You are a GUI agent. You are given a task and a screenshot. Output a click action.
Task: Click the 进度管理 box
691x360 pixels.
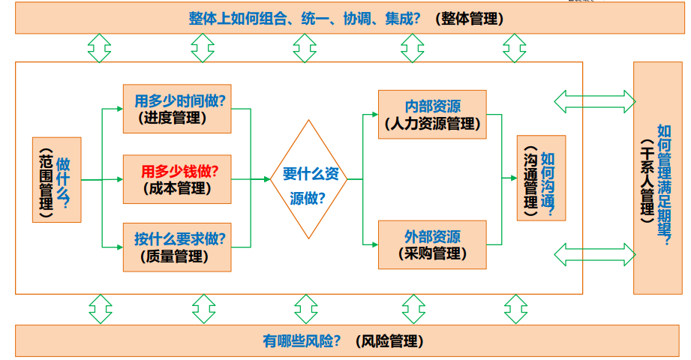point(177,109)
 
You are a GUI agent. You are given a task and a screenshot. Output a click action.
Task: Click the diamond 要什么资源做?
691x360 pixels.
point(309,179)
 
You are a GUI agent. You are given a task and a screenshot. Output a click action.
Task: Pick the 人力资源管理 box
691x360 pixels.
point(432,114)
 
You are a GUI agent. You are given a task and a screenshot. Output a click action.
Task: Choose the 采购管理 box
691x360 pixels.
point(432,244)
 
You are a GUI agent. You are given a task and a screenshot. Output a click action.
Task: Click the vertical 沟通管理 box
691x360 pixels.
point(541,178)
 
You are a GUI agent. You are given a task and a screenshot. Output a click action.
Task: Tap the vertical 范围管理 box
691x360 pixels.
point(56,179)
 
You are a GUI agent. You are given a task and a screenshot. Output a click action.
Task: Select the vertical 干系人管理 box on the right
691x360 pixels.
point(657,178)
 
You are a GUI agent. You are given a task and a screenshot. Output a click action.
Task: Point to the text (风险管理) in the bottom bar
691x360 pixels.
point(389,341)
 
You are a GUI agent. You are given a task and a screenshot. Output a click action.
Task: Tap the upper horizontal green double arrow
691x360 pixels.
point(593,100)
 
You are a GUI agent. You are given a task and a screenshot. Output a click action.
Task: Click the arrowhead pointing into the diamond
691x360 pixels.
point(266,179)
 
